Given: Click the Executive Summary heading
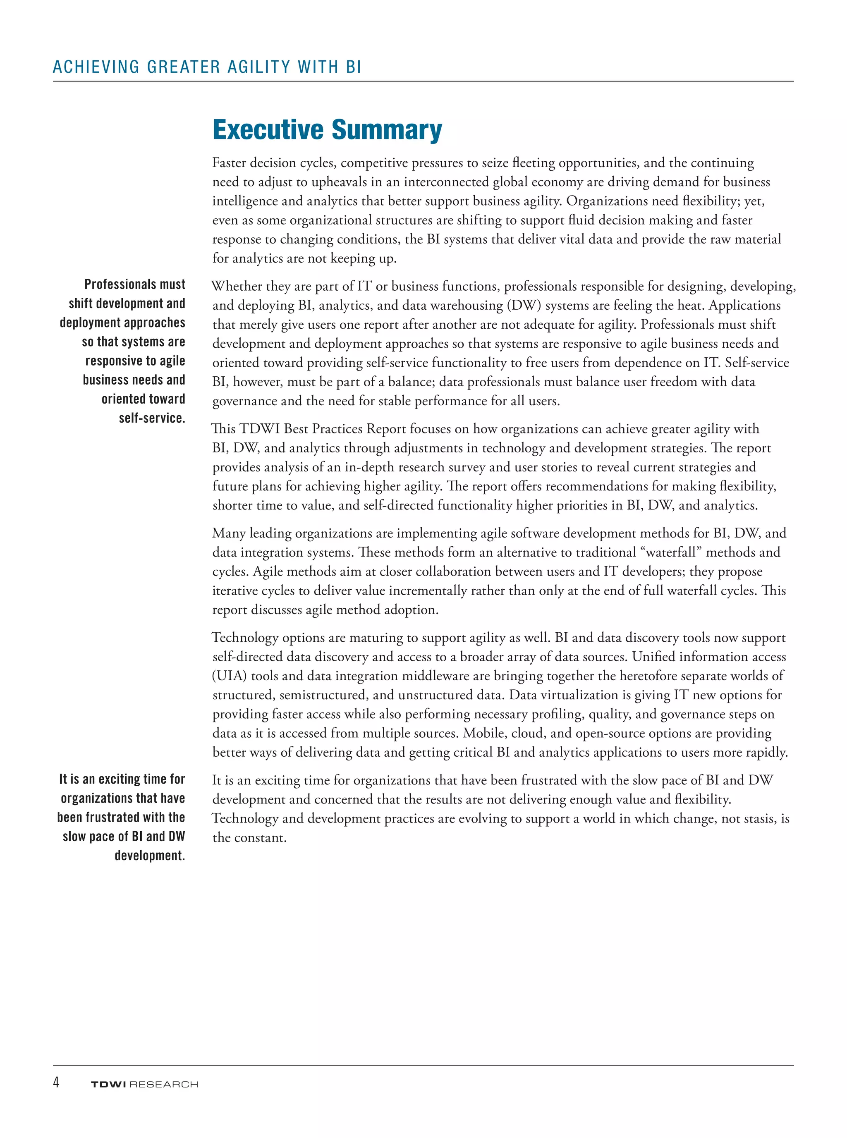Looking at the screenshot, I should (327, 130).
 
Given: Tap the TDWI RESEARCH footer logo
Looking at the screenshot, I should (144, 1084).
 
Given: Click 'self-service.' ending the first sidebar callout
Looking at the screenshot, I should (152, 418).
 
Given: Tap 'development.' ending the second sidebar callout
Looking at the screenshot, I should (149, 856).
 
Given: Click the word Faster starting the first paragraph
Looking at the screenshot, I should (232, 163).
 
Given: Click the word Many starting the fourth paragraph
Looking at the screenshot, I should (229, 533).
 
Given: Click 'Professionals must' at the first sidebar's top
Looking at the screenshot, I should (135, 284).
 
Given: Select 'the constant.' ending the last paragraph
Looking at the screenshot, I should (249, 838).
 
